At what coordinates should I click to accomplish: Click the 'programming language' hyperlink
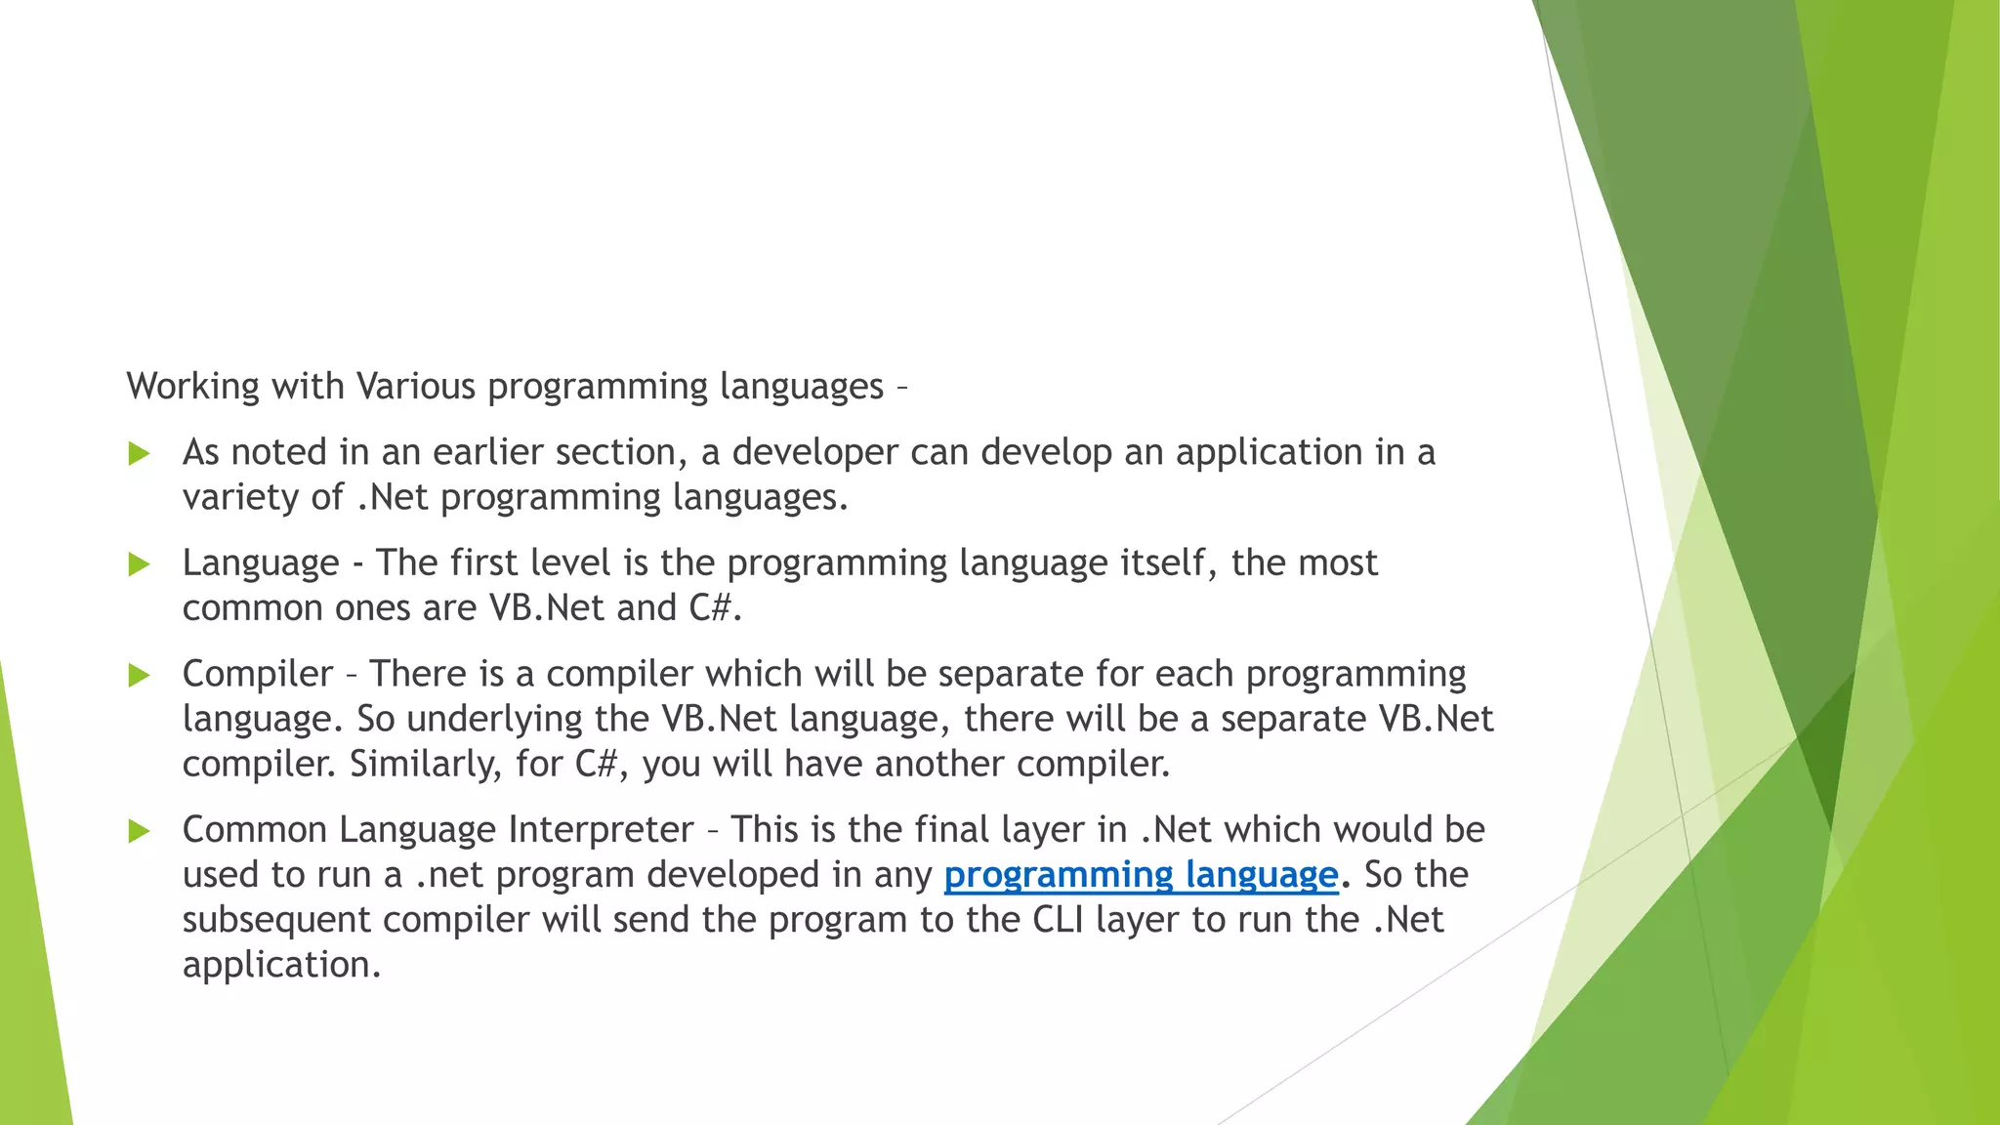click(x=1140, y=875)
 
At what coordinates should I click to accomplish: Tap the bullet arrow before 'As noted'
click(x=139, y=453)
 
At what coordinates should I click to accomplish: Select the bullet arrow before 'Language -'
click(x=139, y=564)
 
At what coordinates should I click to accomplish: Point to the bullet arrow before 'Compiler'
click(x=139, y=675)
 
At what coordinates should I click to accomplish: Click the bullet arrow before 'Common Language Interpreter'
click(x=139, y=831)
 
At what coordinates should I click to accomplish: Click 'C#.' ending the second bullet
click(x=715, y=608)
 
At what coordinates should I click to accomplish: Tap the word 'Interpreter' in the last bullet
click(x=601, y=830)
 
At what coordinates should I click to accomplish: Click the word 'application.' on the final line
click(x=281, y=965)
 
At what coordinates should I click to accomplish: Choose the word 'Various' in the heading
click(x=416, y=387)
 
